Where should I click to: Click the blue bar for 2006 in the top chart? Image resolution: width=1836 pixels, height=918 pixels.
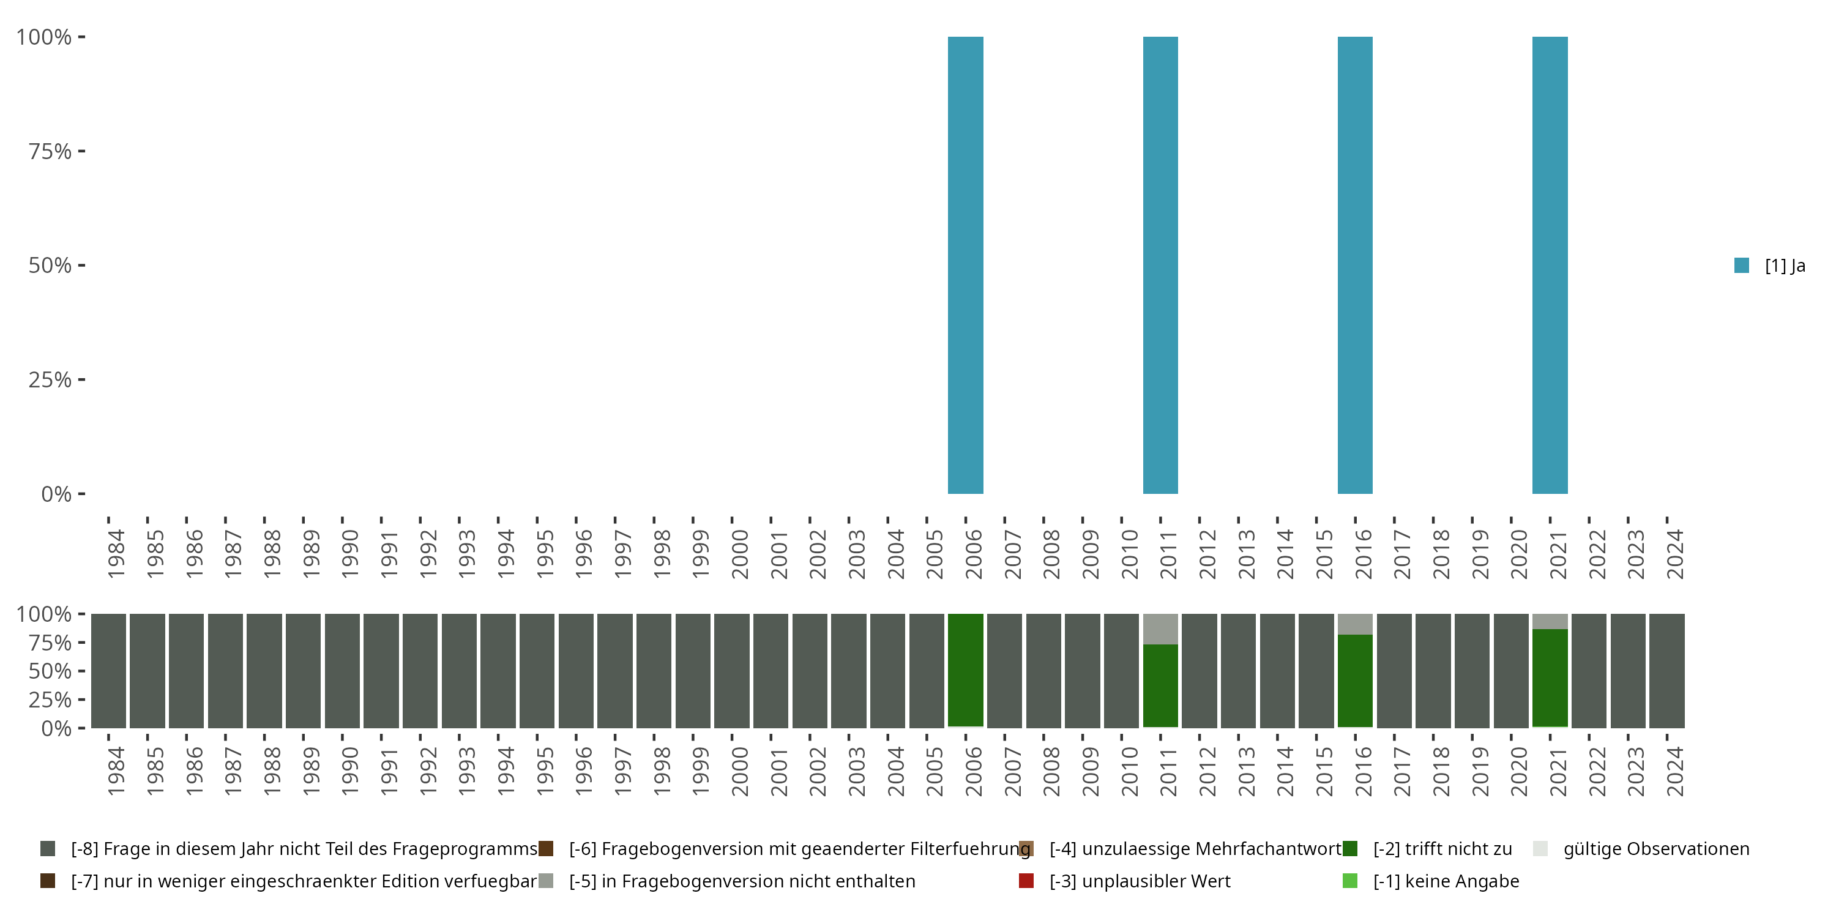tap(965, 265)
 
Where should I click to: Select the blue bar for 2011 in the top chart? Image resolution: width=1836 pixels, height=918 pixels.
tap(1160, 265)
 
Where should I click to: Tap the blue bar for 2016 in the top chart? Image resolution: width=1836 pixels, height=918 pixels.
tap(1355, 265)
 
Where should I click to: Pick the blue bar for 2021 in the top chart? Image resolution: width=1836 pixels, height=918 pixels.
tap(1550, 265)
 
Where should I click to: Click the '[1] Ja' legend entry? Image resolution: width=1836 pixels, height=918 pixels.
tap(1771, 266)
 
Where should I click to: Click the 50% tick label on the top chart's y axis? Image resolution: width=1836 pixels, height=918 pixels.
tap(50, 265)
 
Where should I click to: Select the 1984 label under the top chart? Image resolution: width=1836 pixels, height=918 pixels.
tap(116, 554)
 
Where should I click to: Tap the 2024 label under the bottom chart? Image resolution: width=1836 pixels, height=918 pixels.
tap(1674, 771)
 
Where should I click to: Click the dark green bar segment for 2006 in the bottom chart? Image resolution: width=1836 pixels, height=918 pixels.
tap(965, 670)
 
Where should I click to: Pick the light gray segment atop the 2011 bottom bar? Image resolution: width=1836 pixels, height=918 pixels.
tap(1160, 629)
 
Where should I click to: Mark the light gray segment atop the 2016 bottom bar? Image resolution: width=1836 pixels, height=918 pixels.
tap(1355, 624)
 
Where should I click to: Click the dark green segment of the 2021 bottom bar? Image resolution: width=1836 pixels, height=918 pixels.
tap(1550, 677)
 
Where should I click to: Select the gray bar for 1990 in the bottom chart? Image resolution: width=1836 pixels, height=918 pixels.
tap(342, 670)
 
